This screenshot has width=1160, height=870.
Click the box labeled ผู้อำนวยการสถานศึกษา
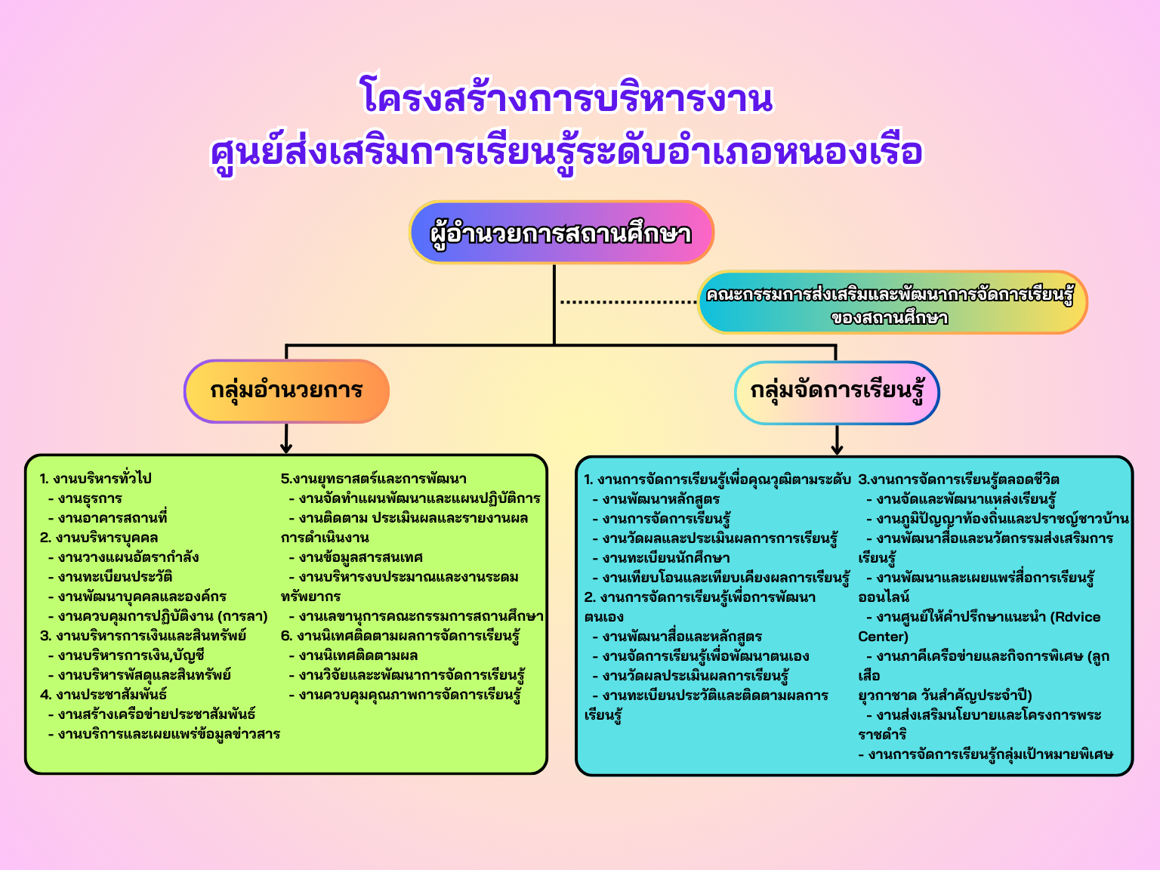coord(561,233)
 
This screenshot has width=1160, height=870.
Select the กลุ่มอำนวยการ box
coord(286,391)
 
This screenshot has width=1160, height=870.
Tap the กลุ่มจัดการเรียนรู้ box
coord(837,393)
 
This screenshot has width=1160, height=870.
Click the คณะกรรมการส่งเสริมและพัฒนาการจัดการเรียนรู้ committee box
coord(891,303)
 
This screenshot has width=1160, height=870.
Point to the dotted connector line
coord(628,302)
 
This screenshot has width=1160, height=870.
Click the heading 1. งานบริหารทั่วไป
coord(96,479)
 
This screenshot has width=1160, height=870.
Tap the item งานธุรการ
coord(89,498)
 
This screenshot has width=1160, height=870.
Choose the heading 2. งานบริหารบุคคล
coord(99,538)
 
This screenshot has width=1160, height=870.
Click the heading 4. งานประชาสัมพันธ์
coord(103,695)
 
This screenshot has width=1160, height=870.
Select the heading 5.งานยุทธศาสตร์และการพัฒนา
coord(374,479)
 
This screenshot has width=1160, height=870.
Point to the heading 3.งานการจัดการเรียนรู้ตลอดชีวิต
coord(958,480)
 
